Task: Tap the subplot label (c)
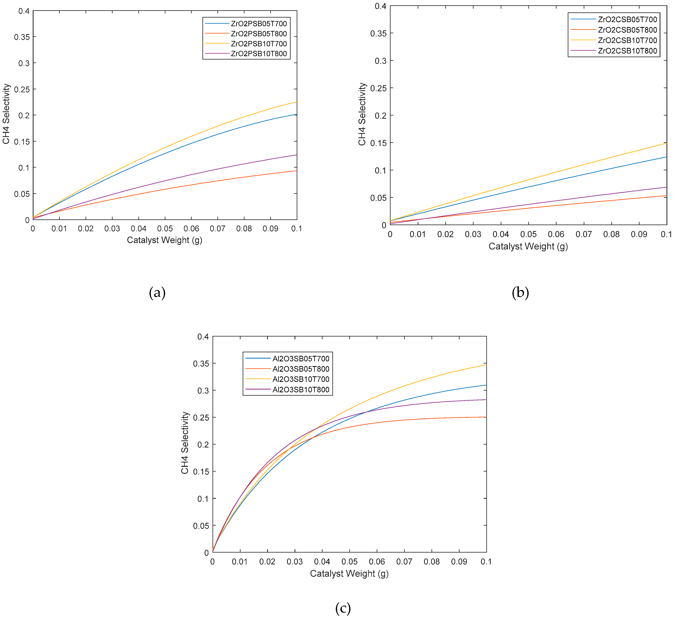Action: point(343,608)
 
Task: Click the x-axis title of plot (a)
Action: point(164,240)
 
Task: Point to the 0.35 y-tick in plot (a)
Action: point(21,37)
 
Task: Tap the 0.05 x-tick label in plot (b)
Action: point(528,234)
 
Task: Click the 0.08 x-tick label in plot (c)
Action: point(432,562)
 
